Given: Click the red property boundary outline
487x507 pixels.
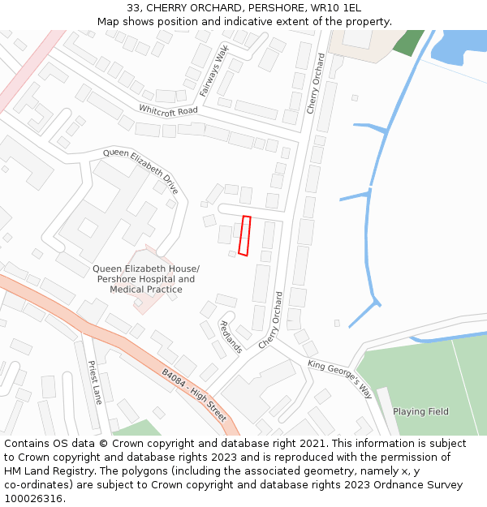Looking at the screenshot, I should tap(244, 236).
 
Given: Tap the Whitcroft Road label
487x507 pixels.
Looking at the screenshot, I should tap(168, 110).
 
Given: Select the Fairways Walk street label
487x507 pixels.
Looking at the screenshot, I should tap(214, 71).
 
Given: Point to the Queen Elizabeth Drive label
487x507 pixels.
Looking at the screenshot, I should tap(140, 170).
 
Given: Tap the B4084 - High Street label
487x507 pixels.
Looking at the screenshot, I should tap(193, 395).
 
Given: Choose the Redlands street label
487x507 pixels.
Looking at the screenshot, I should tap(231, 337).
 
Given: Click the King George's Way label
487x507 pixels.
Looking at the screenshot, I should tap(339, 379).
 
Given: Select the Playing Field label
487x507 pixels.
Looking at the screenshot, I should tap(420, 411).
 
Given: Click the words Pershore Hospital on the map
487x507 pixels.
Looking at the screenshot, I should tap(134, 279).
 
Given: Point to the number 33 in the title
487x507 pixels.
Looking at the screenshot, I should tap(133, 8).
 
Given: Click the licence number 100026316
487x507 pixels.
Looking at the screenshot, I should tap(33, 498).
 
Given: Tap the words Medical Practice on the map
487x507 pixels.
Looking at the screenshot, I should tap(146, 290).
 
